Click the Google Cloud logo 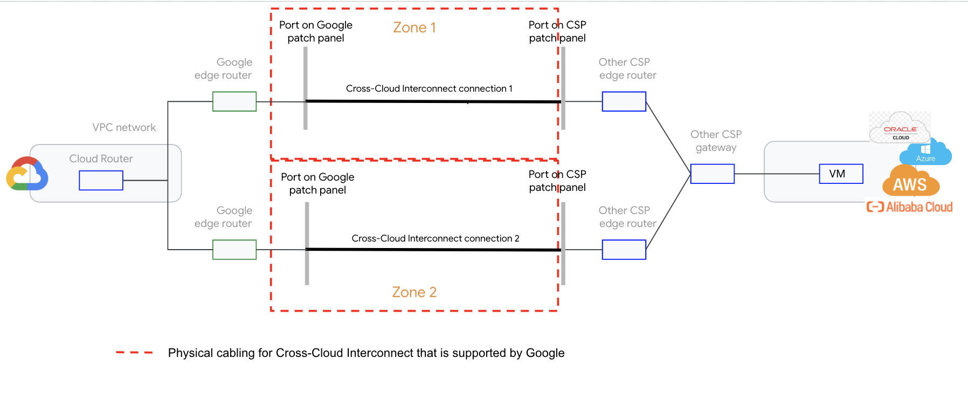(x=27, y=174)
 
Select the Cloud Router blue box (x=101, y=180)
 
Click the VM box (x=841, y=174)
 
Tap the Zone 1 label (x=414, y=27)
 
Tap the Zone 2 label (x=414, y=292)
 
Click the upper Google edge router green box (x=234, y=101)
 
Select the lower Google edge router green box (x=234, y=250)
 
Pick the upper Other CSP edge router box (x=624, y=101)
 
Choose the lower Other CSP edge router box (x=624, y=250)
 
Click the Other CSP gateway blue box (x=712, y=174)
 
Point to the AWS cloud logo (x=910, y=182)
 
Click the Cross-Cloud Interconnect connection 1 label (x=429, y=88)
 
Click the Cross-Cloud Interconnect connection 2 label (x=435, y=238)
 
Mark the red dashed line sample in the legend (x=134, y=353)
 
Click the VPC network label (x=124, y=127)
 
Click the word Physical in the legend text (x=190, y=353)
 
